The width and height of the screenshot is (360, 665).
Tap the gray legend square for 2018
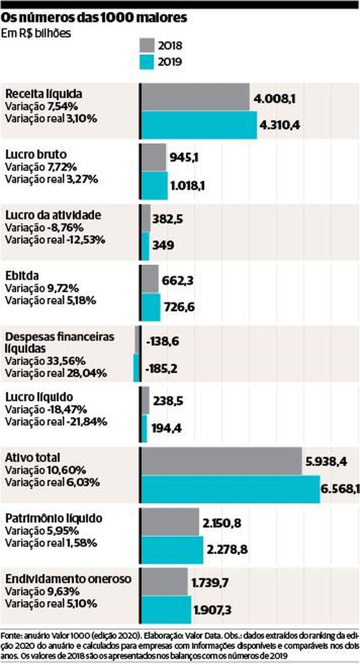pos(147,46)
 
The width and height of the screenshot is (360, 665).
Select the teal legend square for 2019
pos(147,62)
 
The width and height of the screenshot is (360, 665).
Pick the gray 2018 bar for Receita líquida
pos(195,97)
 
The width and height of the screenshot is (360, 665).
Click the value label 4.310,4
pos(280,125)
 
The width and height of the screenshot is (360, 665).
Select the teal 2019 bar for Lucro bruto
pos(154,185)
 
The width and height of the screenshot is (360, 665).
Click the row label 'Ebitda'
pos(22,275)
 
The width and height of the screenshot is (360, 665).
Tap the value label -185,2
pos(161,369)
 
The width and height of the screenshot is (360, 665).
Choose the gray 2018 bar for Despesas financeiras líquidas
pos(138,340)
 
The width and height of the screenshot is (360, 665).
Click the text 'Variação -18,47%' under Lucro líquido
pos(46,409)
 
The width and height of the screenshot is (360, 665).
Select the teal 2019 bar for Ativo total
pos(230,489)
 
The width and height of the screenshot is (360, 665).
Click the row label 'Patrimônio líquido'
pos(54,518)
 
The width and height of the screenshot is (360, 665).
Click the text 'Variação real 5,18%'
pos(50,301)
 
